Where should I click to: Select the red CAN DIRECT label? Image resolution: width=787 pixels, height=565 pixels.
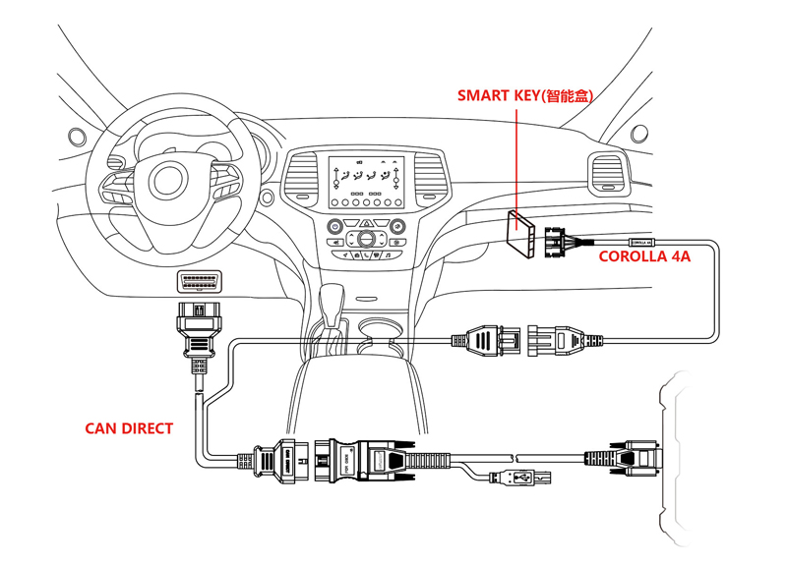(x=129, y=428)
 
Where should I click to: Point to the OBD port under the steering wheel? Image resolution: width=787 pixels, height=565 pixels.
(x=199, y=283)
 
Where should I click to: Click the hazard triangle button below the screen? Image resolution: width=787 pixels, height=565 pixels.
(x=366, y=224)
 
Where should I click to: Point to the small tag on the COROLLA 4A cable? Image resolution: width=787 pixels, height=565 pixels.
(x=639, y=241)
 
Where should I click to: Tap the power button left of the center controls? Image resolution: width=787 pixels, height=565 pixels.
(x=335, y=226)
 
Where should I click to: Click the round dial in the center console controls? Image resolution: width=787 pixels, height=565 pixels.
(x=366, y=239)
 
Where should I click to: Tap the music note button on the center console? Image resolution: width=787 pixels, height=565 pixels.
(x=388, y=255)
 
